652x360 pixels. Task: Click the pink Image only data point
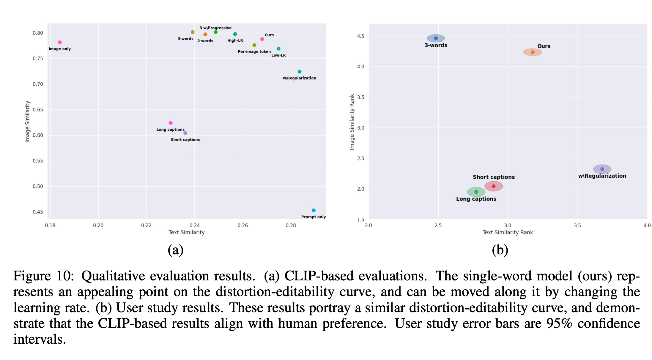click(60, 42)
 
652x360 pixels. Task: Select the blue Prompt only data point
click(314, 210)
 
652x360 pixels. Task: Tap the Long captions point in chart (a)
click(171, 123)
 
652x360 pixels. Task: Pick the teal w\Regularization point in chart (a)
click(300, 72)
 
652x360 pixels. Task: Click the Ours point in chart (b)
click(533, 52)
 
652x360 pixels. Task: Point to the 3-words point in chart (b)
click(436, 38)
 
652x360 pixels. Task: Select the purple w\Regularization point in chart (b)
click(602, 169)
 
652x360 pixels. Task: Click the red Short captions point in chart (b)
click(494, 186)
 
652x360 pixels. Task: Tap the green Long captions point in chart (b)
click(476, 192)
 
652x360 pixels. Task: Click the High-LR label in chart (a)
click(235, 40)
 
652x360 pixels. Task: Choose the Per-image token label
click(254, 52)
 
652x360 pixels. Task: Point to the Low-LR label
click(278, 55)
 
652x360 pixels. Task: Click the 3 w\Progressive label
click(215, 28)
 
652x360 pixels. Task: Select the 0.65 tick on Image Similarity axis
click(38, 110)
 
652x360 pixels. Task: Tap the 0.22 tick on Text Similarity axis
click(146, 225)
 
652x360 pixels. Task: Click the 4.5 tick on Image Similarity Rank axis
click(360, 36)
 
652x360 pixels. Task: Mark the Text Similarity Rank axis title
click(508, 232)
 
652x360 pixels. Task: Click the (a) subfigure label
click(176, 250)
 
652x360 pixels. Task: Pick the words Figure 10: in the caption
click(43, 276)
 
